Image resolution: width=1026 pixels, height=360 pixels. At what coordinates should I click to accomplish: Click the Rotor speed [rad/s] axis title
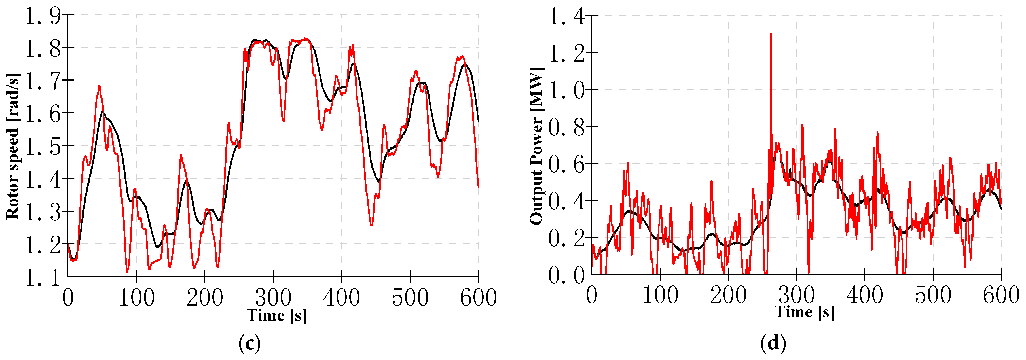13,146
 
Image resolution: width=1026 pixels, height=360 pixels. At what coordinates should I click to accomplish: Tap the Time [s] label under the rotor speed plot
276,315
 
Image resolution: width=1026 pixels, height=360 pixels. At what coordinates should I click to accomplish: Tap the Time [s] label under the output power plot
804,312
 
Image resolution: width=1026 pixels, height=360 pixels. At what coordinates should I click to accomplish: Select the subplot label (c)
249,343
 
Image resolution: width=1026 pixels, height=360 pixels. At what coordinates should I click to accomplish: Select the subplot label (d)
773,343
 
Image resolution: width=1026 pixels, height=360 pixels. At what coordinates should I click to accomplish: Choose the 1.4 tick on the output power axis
566,17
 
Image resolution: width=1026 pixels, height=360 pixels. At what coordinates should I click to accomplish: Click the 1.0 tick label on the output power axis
566,90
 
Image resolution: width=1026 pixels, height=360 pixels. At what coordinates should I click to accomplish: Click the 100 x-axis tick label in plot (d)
660,295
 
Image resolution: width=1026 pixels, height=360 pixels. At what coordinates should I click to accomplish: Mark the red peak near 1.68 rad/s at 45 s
99,86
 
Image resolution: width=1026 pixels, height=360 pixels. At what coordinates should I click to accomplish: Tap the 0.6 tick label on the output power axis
566,164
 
